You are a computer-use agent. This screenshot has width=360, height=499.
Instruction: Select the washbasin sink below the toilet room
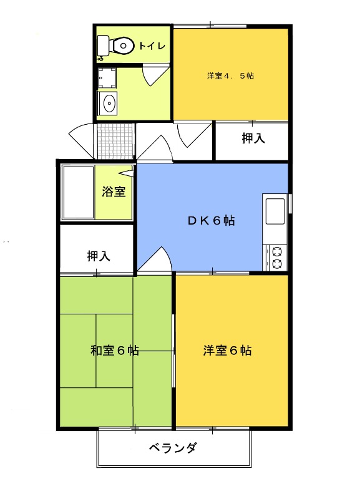click(x=109, y=102)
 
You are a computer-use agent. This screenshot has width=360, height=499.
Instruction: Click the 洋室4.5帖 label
click(x=230, y=76)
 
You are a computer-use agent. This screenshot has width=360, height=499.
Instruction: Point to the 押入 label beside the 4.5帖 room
click(x=253, y=138)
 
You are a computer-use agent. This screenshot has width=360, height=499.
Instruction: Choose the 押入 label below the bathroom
click(x=99, y=255)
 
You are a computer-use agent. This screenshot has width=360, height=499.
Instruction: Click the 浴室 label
click(x=114, y=191)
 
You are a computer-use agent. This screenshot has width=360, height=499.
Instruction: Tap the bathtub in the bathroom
click(x=77, y=192)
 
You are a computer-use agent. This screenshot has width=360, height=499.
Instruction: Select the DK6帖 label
click(x=212, y=220)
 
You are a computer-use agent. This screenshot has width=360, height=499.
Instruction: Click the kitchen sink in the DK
click(x=275, y=211)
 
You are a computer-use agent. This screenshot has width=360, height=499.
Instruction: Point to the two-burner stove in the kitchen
click(x=275, y=258)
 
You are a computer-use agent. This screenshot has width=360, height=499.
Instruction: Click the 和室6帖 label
click(x=114, y=351)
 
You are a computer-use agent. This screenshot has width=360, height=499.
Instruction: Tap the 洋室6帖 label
click(x=227, y=351)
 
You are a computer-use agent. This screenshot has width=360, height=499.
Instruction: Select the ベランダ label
click(x=173, y=447)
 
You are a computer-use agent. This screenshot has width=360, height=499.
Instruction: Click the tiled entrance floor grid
click(x=115, y=141)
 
